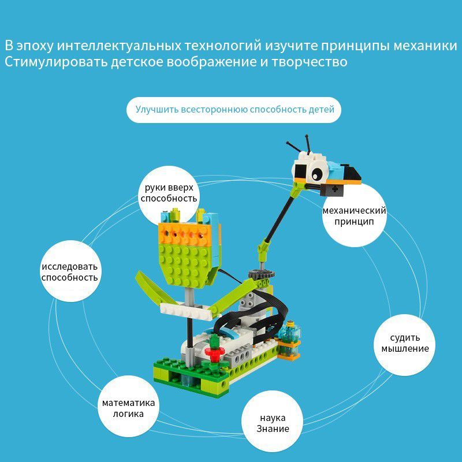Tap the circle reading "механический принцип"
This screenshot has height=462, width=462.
point(353,215)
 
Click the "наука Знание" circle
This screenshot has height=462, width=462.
point(273,423)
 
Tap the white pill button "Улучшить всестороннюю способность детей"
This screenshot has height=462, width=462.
point(234,109)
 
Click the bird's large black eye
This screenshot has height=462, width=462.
point(316,172)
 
